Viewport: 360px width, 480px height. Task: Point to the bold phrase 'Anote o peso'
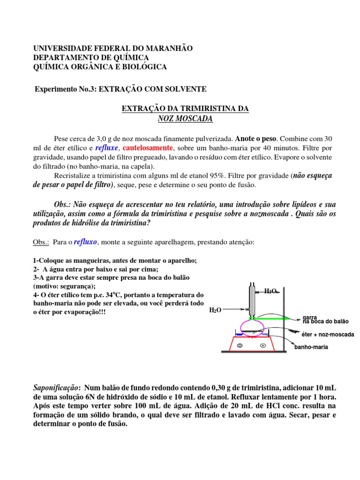click(256, 139)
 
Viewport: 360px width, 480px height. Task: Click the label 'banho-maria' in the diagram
click(311, 347)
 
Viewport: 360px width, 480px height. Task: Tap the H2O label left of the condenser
click(215, 310)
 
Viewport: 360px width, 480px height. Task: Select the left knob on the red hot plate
click(240, 346)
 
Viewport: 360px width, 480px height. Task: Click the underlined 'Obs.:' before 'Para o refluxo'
click(41, 242)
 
